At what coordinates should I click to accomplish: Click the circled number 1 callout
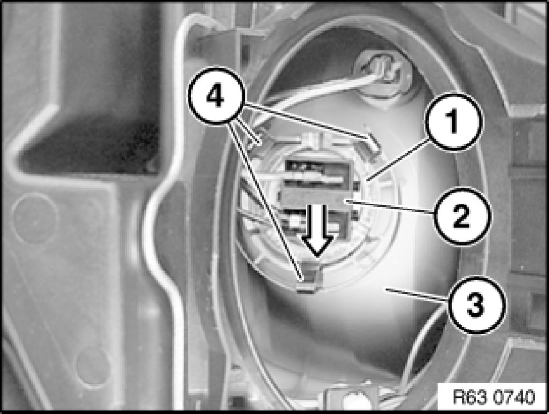(454, 122)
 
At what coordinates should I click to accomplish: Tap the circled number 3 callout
(476, 304)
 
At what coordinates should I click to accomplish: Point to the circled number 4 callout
(215, 95)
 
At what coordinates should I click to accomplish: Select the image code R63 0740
(494, 397)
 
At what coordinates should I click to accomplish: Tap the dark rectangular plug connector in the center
(319, 196)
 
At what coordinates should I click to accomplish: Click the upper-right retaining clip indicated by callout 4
(372, 142)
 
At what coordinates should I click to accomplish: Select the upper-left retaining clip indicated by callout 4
(260, 138)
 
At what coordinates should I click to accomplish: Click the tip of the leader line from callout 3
(386, 289)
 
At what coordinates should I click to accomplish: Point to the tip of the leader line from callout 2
(345, 201)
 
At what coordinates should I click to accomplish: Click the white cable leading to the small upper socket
(315, 93)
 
